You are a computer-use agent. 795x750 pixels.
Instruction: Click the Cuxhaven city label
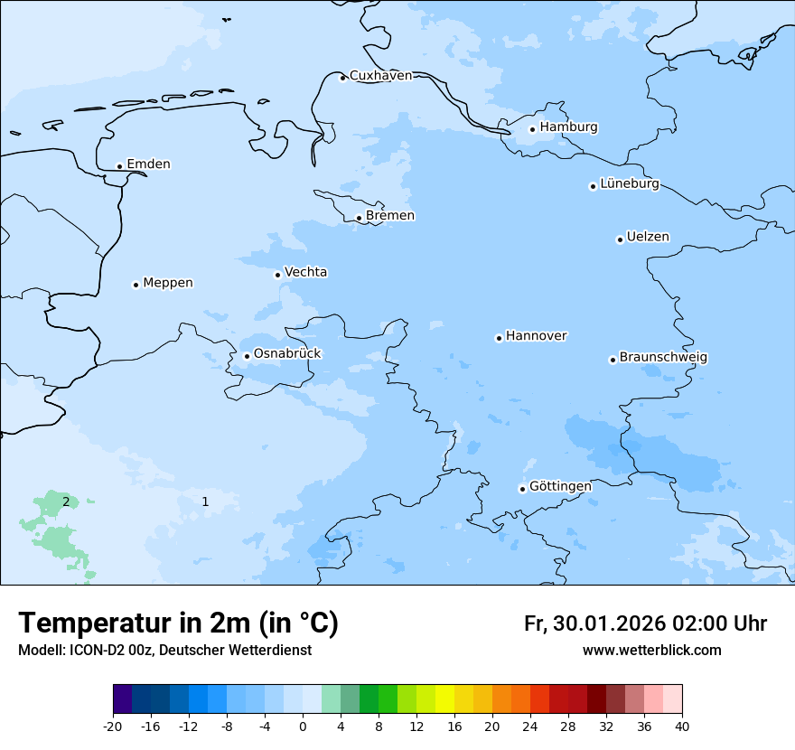[x=380, y=76]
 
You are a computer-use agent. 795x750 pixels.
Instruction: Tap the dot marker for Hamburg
[x=532, y=129]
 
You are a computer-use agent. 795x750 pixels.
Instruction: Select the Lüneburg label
[x=630, y=184]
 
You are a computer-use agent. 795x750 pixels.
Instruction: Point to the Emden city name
[x=148, y=164]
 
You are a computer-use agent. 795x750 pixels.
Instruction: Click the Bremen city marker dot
[x=359, y=218]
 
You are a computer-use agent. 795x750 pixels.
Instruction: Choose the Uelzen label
[x=648, y=238]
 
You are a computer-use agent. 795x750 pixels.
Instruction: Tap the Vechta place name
[x=305, y=272]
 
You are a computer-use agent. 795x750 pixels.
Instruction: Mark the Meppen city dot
[x=136, y=285]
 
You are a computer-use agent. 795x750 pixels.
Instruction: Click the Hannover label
[x=536, y=336]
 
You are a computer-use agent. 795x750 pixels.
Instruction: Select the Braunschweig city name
[x=663, y=358]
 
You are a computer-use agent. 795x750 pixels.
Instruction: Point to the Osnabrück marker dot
[x=247, y=356]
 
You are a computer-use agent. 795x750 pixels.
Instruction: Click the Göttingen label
[x=560, y=487]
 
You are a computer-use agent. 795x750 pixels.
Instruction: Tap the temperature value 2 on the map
[x=66, y=502]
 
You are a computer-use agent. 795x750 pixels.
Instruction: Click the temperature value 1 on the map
[x=205, y=502]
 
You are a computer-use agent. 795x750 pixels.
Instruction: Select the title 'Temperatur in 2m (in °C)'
[x=178, y=623]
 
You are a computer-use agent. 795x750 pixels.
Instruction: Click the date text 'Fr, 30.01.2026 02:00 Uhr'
[x=645, y=623]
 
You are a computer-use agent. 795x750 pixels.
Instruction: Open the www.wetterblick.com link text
[x=651, y=651]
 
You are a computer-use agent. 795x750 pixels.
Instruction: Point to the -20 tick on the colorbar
[x=113, y=727]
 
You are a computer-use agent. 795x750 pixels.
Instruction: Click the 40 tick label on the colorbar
[x=682, y=727]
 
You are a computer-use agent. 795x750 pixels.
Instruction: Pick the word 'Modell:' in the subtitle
[x=41, y=651]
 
